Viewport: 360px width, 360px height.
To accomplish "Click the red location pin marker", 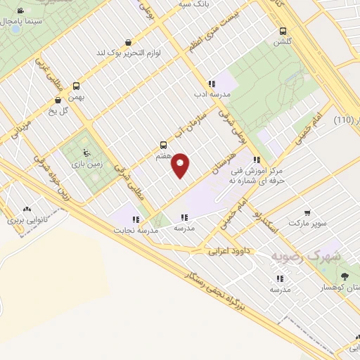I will [x=181, y=165].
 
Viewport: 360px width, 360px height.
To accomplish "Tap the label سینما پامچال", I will [x=25, y=21].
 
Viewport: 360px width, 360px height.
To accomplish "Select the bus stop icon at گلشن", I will [x=283, y=32].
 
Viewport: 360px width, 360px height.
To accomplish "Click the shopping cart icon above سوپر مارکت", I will [x=307, y=212].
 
